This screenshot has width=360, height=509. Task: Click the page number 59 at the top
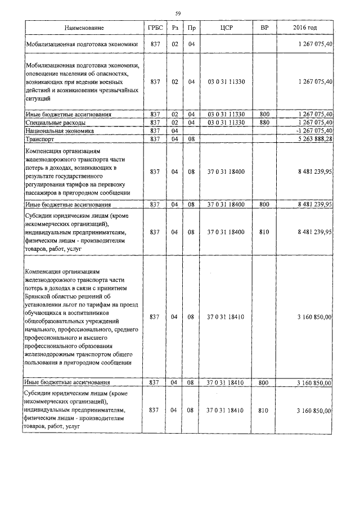[x=178, y=13]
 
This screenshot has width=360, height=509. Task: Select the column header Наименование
[x=84, y=28]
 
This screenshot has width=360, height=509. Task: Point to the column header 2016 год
[x=305, y=28]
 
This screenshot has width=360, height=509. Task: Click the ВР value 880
[x=265, y=123]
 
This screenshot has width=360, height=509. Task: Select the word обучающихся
[x=47, y=313]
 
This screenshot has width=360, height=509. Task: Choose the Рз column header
[x=175, y=28]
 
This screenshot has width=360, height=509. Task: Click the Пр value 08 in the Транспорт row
[x=191, y=138]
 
